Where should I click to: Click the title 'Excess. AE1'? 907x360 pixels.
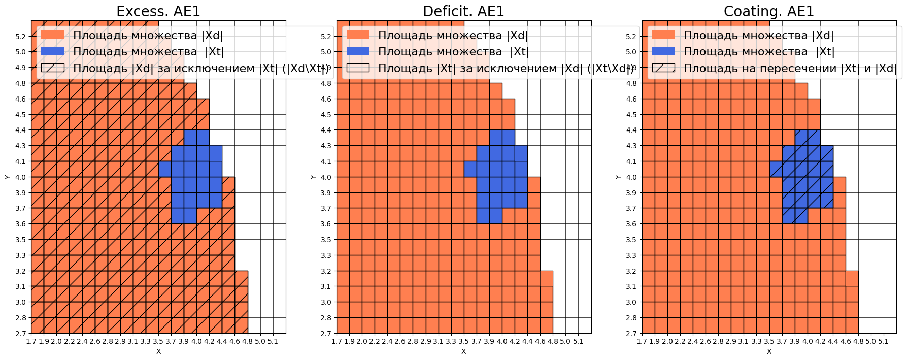pos(158,11)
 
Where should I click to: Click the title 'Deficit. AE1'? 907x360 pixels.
pos(463,11)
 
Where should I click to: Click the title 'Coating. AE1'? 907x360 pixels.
pos(768,11)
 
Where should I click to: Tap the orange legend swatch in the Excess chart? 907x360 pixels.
pos(52,35)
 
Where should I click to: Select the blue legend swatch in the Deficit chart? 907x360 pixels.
pos(358,51)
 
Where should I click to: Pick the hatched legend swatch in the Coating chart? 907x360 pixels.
pos(663,68)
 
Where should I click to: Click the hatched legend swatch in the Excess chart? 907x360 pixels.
pos(52,68)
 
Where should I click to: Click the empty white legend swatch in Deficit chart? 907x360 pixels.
pos(358,68)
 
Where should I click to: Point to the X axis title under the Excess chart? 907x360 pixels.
pos(158,351)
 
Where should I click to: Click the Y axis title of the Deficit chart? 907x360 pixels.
pos(313,177)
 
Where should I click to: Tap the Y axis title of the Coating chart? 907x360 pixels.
pos(618,177)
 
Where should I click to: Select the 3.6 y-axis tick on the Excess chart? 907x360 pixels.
pos(20,224)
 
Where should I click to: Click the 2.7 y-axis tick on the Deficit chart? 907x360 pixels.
pos(326,334)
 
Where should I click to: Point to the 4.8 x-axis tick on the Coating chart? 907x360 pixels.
pos(858,341)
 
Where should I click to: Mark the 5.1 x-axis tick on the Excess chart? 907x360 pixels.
pos(273,341)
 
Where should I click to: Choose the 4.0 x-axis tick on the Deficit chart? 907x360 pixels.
pos(502,341)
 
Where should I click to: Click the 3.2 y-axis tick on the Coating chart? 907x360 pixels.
pos(631,271)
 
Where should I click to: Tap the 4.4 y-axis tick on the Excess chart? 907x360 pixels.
pos(20,130)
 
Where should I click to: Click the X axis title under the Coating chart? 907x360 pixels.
pos(769,351)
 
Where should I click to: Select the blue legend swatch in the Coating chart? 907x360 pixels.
pos(663,51)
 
